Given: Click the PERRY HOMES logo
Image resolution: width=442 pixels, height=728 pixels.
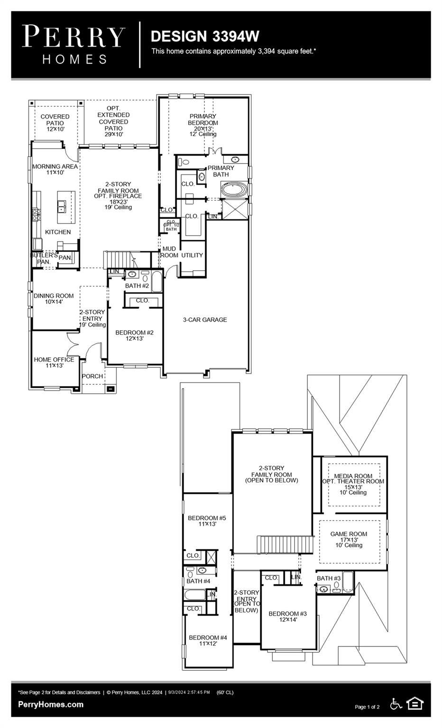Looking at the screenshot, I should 74,45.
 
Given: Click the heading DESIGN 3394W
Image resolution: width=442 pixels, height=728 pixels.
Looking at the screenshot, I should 204,36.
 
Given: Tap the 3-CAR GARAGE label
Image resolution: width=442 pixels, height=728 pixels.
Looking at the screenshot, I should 205,320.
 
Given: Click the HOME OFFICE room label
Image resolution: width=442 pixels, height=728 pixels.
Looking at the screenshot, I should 54,362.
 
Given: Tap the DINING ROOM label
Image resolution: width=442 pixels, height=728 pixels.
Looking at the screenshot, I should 54,299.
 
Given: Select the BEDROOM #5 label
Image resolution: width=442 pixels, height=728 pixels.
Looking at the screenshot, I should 207,521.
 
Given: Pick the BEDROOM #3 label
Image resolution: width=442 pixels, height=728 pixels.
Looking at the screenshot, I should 287,616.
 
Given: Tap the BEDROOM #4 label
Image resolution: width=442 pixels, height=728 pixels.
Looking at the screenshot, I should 208,640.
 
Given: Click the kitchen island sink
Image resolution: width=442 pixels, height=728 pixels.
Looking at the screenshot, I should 62,207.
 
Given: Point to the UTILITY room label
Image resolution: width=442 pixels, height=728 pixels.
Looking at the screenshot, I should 192,255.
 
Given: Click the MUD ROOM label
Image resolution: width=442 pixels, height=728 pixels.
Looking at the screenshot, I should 169,252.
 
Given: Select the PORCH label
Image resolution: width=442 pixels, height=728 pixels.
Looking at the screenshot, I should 92,376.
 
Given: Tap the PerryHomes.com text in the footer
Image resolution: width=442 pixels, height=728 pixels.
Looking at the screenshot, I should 51,704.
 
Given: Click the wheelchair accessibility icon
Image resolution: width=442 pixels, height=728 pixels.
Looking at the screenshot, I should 396,704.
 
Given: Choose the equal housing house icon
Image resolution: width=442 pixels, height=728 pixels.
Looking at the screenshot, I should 415,704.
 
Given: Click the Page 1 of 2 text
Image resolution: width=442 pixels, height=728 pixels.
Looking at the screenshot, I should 367,707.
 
